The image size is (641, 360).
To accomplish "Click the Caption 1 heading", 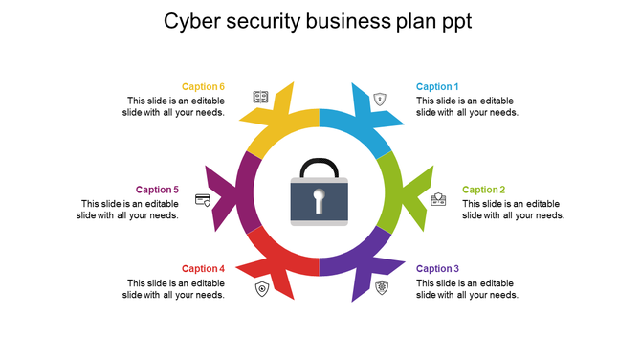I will click(437, 87).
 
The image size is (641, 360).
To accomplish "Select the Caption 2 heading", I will click(483, 190).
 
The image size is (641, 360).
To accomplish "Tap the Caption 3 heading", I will click(437, 269).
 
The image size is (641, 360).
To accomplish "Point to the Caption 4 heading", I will click(203, 269).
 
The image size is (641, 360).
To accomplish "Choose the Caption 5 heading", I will click(157, 190).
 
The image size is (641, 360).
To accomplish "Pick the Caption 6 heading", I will click(203, 87).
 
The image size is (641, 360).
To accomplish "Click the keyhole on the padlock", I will click(320, 201).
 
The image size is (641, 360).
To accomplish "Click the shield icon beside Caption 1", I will click(381, 98).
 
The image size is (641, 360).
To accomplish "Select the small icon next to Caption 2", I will click(438, 199).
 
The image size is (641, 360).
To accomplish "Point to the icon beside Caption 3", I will click(382, 287).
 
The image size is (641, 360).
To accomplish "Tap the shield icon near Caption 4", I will click(261, 288).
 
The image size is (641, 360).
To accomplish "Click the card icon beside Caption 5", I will click(203, 199).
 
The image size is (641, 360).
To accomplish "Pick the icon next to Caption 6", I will click(259, 97).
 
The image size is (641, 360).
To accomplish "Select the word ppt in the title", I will click(453, 21).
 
